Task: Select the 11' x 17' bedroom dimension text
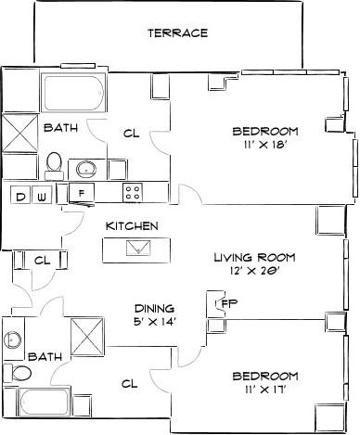(x=264, y=390)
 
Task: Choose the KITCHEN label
(x=131, y=225)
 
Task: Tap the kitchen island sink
(x=136, y=248)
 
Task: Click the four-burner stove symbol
(x=133, y=193)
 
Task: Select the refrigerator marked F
(x=84, y=194)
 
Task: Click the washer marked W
(x=43, y=195)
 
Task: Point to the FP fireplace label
(x=228, y=302)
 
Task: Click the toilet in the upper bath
(x=54, y=165)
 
